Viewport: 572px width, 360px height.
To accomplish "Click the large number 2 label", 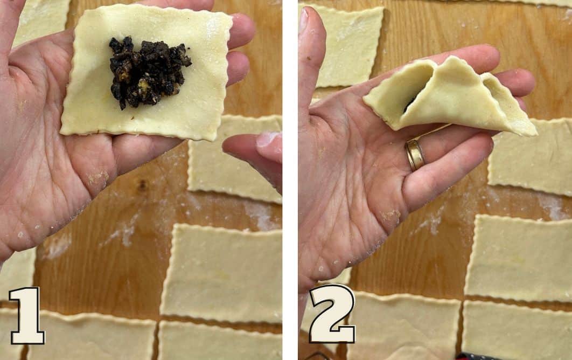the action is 332,314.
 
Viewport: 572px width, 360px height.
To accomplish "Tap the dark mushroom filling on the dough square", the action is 148,72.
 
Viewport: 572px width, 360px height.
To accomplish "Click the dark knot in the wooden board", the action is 142,185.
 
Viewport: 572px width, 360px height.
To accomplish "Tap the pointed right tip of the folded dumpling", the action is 535,134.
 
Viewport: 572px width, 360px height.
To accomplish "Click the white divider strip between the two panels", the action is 290,180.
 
